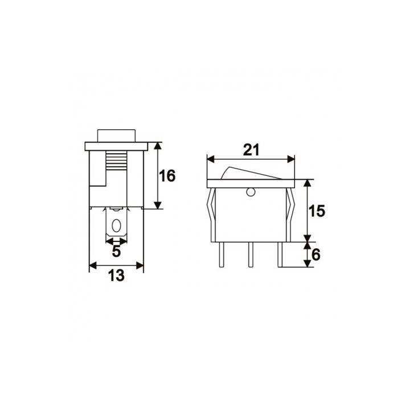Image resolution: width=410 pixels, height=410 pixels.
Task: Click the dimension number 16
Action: (167, 177)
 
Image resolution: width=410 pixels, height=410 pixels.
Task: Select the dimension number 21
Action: (251, 150)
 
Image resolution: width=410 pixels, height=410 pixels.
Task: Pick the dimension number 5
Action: (116, 251)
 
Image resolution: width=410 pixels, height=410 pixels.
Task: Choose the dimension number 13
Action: (116, 276)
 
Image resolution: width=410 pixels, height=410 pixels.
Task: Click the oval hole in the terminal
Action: (117, 226)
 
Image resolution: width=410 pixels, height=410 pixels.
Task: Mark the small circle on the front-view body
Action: (250, 193)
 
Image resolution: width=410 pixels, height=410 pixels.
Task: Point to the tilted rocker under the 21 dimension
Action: (251, 173)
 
